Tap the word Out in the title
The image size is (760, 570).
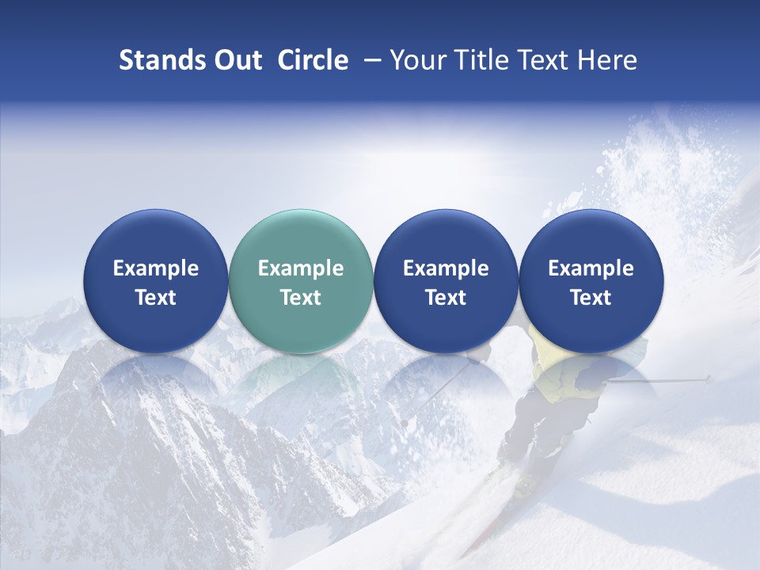click(x=236, y=60)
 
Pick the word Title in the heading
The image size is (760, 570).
click(x=478, y=60)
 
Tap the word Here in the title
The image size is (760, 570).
click(x=607, y=60)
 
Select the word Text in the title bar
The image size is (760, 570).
click(x=542, y=60)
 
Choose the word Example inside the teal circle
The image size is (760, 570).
click(x=301, y=268)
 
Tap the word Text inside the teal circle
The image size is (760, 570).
click(x=301, y=298)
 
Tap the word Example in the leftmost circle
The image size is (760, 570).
click(x=156, y=268)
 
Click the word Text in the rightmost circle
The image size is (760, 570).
click(x=591, y=298)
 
